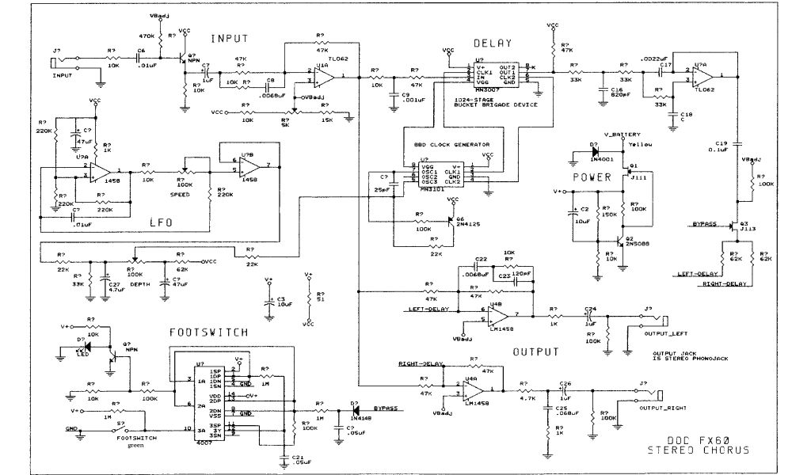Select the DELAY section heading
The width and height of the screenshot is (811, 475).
[493, 44]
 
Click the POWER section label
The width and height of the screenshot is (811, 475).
[591, 178]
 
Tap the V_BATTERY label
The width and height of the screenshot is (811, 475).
[621, 135]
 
